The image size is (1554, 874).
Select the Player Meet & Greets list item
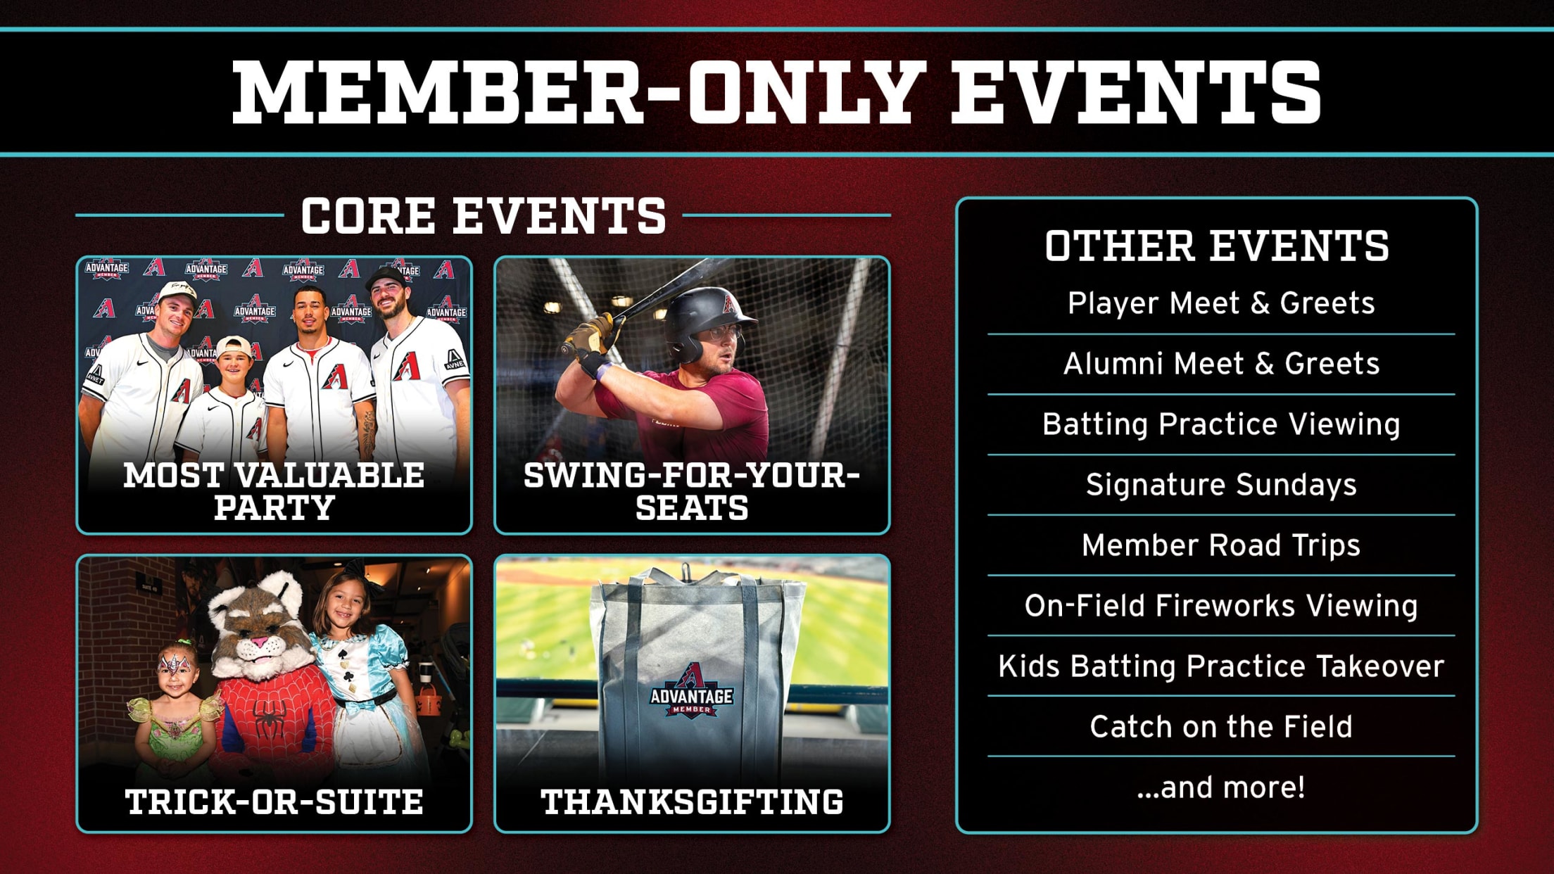[x=1220, y=303]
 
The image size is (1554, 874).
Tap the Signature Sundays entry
[x=1220, y=485]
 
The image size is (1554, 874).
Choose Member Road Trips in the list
[x=1220, y=545]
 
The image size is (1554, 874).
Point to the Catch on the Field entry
[x=1220, y=727]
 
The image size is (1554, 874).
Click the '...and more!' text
[x=1220, y=787]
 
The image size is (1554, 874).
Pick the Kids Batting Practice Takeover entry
[x=1220, y=666]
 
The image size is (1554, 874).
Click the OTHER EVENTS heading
[x=1217, y=246]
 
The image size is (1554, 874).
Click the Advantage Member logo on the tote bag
[x=691, y=693]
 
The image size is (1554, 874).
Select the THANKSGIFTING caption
[x=692, y=802]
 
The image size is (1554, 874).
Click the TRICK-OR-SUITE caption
[x=274, y=802]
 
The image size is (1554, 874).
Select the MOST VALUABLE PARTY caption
[x=274, y=491]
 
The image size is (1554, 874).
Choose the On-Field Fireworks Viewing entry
[x=1220, y=606]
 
